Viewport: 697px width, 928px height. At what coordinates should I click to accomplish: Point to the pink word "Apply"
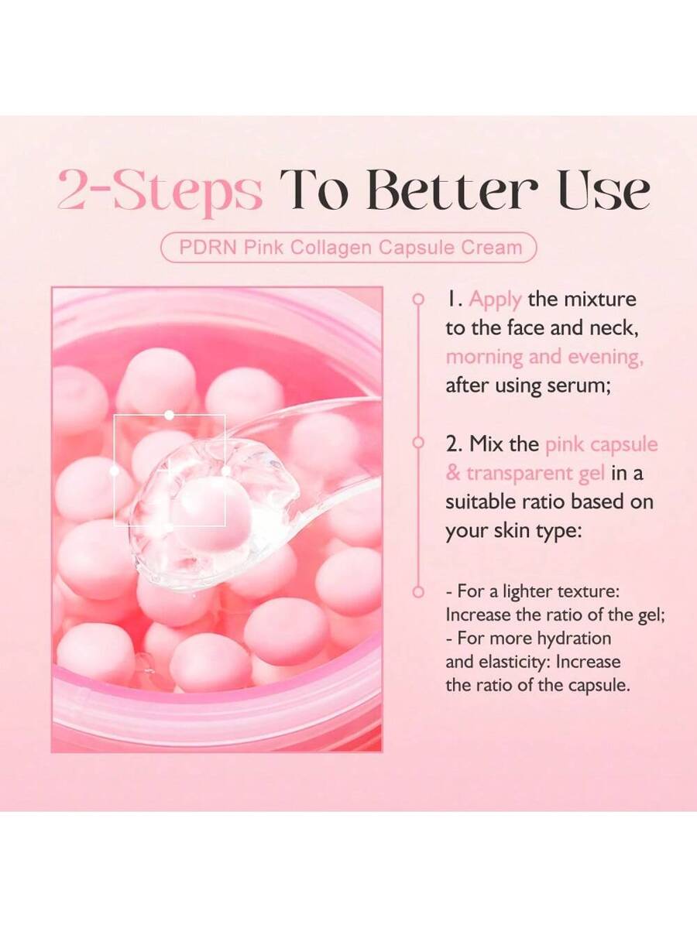[496, 300]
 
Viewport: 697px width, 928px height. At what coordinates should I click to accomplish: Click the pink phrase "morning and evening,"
[544, 357]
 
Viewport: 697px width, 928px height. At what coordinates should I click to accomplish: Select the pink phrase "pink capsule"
[602, 444]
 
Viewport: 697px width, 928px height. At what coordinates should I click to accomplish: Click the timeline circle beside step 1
[418, 298]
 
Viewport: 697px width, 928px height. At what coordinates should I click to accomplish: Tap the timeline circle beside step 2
[418, 443]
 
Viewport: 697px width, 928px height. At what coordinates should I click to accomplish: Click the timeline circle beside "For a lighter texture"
[418, 592]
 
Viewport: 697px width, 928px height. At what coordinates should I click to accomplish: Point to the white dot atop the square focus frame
[169, 415]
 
